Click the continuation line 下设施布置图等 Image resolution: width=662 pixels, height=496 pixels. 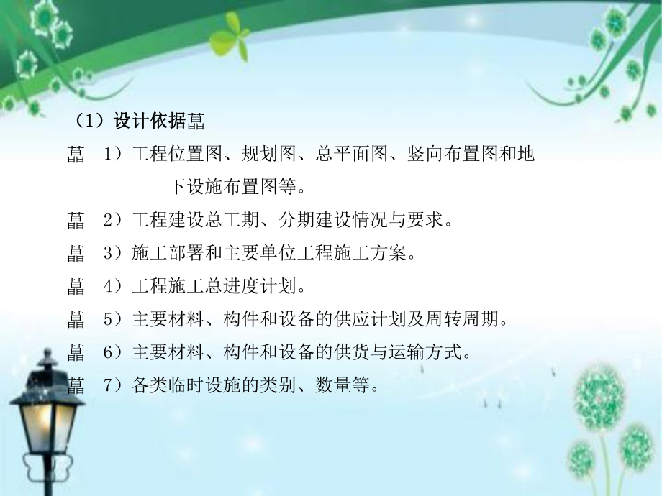click(237, 188)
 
